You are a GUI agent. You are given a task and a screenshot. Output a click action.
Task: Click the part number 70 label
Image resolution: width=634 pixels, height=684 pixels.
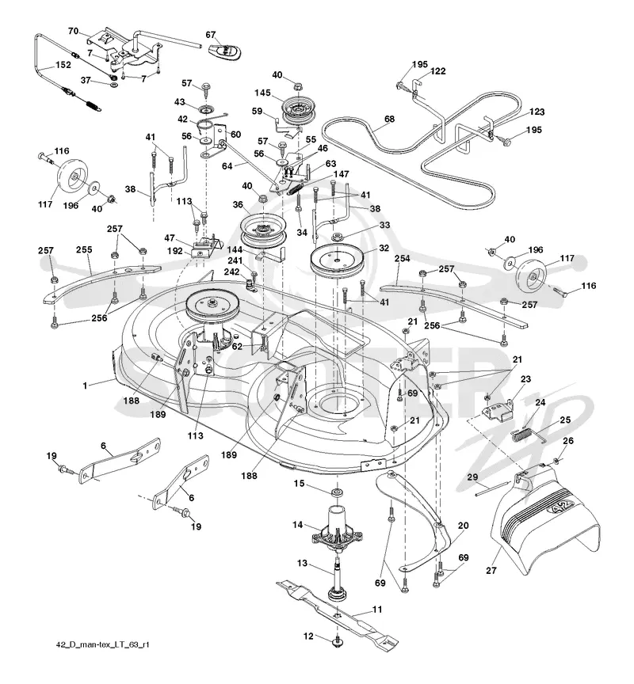74,31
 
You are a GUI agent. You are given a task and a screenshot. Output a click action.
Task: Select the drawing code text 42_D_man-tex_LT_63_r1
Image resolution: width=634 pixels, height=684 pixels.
102,644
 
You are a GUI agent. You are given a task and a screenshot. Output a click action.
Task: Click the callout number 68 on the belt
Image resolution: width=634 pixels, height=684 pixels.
389,119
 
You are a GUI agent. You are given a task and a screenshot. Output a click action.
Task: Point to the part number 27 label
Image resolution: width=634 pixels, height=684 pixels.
491,570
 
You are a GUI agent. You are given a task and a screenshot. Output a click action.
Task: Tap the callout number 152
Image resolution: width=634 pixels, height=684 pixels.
63,65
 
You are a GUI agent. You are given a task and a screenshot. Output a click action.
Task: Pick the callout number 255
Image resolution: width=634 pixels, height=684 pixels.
84,249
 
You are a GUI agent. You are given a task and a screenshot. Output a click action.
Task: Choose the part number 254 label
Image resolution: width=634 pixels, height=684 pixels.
402,258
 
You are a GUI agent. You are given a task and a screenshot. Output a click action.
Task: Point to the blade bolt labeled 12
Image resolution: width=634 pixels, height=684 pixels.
338,641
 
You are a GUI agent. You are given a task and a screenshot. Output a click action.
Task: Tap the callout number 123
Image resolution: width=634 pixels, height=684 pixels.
537,112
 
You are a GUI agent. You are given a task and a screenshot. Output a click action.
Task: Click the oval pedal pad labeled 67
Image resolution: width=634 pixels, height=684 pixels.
225,51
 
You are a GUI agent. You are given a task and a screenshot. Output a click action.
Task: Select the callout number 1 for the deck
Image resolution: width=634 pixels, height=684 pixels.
86,386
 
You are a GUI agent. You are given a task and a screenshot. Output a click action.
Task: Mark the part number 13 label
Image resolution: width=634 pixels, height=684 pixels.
302,563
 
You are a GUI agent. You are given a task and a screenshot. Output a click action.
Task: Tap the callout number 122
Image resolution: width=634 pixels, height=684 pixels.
437,71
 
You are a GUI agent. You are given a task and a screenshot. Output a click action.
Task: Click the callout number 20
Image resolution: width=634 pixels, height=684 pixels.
463,525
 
